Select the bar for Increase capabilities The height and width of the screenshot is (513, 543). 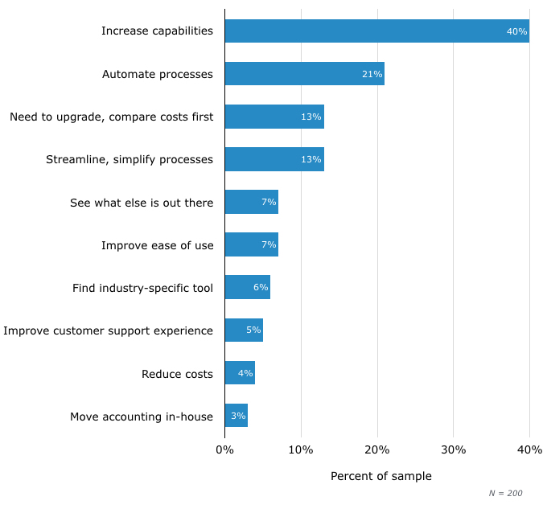point(376,31)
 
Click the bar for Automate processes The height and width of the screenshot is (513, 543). point(304,74)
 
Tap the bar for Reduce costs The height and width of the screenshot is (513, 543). point(240,373)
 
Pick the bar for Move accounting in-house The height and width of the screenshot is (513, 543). point(236,416)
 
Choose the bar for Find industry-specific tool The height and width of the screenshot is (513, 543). point(247,287)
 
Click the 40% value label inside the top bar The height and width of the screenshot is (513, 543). point(516,31)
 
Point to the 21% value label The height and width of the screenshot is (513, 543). point(372,74)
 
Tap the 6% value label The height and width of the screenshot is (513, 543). point(261,287)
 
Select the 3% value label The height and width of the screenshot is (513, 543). point(238,416)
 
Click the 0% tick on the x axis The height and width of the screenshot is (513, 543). point(224,449)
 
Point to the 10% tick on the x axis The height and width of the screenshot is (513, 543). point(301,449)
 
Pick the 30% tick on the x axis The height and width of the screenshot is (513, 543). point(453,449)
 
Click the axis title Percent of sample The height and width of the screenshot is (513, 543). point(381,476)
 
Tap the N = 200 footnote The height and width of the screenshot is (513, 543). point(505,493)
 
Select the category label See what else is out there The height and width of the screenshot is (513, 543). point(142,203)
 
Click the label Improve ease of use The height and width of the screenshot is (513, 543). point(157,245)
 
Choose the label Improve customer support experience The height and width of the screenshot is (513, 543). point(109,330)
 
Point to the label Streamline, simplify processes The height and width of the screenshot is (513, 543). point(130,159)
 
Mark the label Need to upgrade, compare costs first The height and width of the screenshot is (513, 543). point(111,117)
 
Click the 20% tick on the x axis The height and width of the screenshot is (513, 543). point(376,449)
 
